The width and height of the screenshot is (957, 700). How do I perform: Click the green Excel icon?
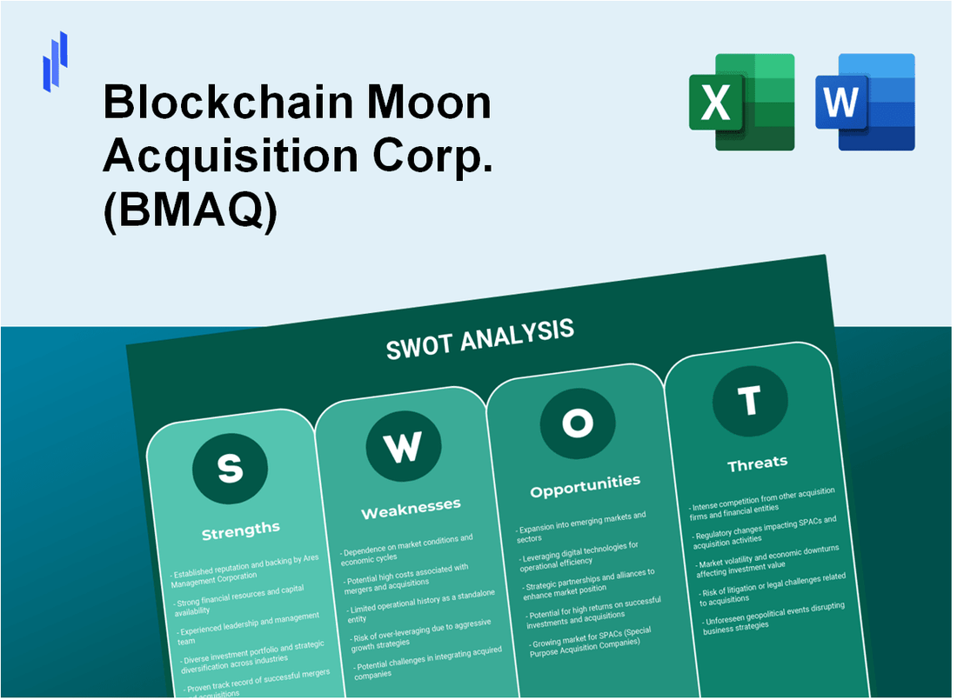(741, 102)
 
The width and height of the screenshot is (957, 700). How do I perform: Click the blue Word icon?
(864, 102)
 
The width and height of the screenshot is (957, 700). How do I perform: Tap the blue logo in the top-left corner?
(55, 61)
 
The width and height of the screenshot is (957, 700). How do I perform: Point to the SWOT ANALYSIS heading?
(479, 338)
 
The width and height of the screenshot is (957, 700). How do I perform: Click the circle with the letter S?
(230, 469)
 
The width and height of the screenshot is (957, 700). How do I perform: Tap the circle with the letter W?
(403, 446)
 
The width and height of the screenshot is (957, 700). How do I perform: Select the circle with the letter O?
(578, 423)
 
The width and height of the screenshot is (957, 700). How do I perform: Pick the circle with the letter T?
(749, 401)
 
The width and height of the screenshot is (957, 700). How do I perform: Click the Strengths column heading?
(241, 529)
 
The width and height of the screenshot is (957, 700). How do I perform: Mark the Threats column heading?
(757, 463)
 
